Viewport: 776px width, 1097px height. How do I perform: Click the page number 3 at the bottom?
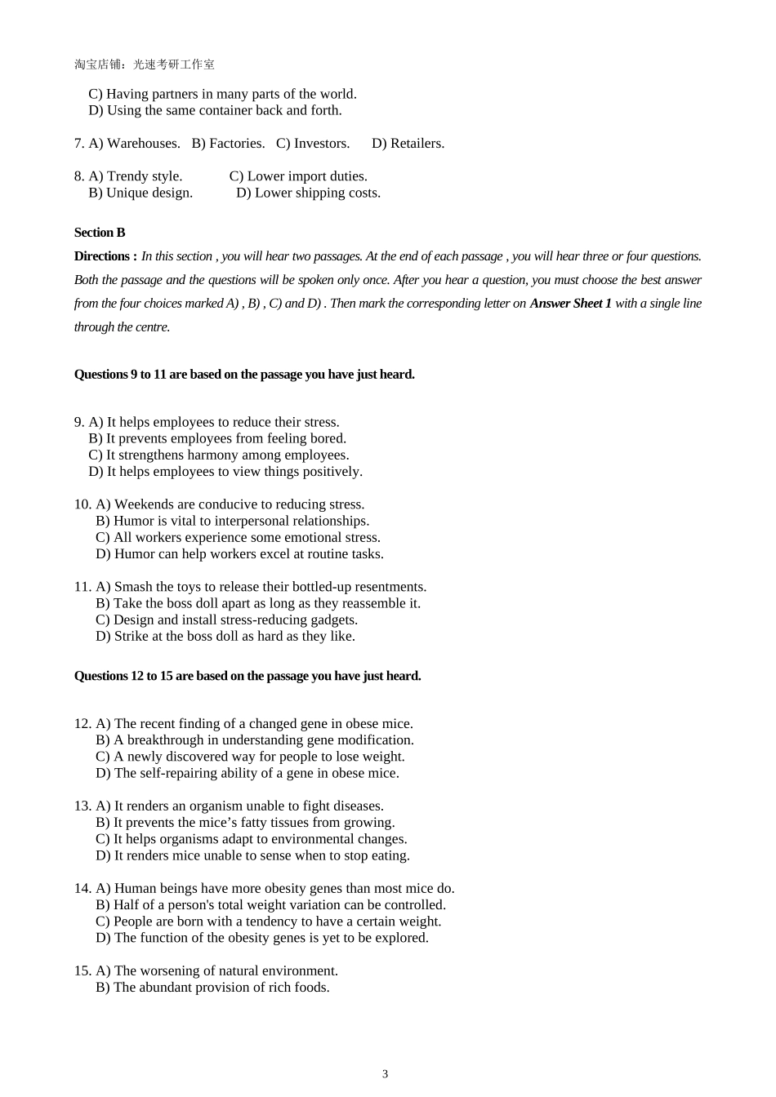[x=385, y=1074]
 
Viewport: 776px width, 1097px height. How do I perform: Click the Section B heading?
[x=100, y=233]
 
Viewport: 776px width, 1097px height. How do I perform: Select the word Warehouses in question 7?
[x=143, y=144]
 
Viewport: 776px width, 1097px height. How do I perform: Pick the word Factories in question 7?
[x=236, y=144]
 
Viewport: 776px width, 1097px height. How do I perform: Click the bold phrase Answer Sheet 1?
[x=570, y=304]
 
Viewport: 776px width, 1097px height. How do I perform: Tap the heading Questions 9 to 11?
[x=244, y=375]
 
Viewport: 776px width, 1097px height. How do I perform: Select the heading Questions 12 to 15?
[x=248, y=676]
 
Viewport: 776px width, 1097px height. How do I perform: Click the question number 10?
[x=83, y=504]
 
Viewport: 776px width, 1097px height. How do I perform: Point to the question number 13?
[x=83, y=806]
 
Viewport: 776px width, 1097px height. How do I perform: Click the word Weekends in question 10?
[x=143, y=504]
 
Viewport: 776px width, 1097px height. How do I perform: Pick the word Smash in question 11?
[x=133, y=587]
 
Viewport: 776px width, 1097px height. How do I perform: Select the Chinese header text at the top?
[x=145, y=64]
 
